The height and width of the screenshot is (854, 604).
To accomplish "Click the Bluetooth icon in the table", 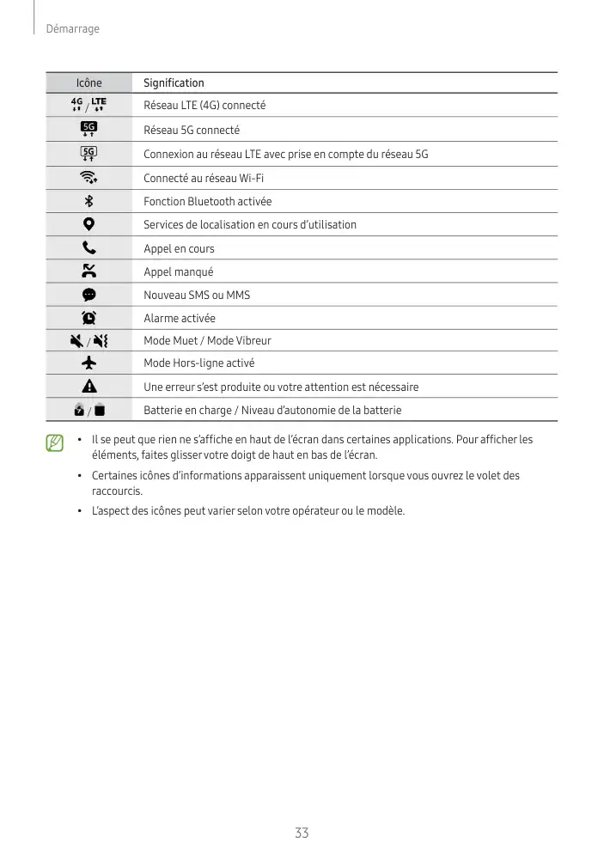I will tap(88, 202).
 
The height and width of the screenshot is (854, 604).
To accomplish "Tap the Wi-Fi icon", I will tap(88, 179).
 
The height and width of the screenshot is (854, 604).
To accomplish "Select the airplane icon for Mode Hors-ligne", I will tap(88, 363).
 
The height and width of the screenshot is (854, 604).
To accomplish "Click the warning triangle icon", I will tap(88, 387).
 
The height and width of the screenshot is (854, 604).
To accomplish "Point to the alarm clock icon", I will tap(88, 318).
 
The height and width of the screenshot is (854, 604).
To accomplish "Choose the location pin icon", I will tap(88, 225).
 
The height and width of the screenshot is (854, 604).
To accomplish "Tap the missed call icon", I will tap(88, 271).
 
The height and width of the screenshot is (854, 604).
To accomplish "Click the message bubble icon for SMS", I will tap(88, 295).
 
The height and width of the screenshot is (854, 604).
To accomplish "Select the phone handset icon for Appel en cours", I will tap(88, 248).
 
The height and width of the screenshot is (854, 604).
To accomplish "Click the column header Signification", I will tap(174, 83).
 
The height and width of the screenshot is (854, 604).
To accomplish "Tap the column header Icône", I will tap(88, 83).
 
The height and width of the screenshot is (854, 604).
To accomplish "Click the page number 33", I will tap(302, 833).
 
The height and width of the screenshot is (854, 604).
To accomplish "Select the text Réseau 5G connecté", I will tap(192, 131).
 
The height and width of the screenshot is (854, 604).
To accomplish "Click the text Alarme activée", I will tap(180, 318).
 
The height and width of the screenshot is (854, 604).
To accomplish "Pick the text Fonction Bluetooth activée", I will tap(207, 202).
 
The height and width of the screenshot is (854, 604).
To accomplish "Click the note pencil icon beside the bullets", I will tap(55, 443).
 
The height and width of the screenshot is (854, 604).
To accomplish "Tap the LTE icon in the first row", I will tap(100, 105).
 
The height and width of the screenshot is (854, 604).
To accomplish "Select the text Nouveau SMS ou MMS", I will tap(197, 295).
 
